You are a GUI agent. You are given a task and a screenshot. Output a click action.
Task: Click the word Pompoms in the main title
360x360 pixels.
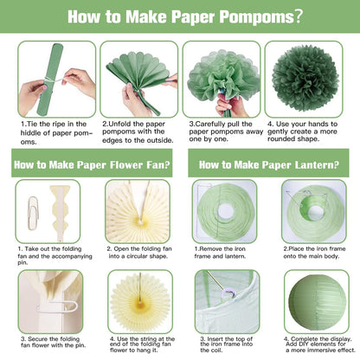point(256,16)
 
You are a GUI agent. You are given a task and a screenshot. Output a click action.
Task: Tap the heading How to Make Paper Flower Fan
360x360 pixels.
point(92,164)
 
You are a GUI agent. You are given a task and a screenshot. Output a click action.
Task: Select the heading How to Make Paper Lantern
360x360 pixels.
point(269,164)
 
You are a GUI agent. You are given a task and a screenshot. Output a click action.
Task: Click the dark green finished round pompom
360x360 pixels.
point(305,79)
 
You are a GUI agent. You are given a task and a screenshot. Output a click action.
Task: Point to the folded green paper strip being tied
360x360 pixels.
point(50,80)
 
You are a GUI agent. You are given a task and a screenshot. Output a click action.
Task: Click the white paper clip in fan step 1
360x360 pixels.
point(34,213)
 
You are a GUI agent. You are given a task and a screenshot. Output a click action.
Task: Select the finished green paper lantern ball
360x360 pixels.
point(317,303)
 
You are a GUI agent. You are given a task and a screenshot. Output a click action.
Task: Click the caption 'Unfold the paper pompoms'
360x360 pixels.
point(138,132)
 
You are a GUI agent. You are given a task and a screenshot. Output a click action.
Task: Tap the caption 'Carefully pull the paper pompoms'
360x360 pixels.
point(226,132)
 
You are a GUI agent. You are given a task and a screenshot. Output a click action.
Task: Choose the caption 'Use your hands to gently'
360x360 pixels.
point(302,132)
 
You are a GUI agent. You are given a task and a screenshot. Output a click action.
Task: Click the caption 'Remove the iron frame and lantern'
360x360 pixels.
point(220,253)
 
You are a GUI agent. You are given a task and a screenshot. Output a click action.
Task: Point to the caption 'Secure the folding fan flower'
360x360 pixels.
point(54,342)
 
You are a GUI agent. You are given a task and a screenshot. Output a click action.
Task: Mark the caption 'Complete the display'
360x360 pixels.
point(319,344)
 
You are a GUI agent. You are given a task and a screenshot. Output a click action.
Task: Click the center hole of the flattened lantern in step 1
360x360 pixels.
point(225,211)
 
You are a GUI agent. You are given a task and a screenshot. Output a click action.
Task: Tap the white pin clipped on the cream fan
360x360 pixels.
point(57,307)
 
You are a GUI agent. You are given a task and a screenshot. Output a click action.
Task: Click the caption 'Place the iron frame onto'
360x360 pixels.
point(314,253)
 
